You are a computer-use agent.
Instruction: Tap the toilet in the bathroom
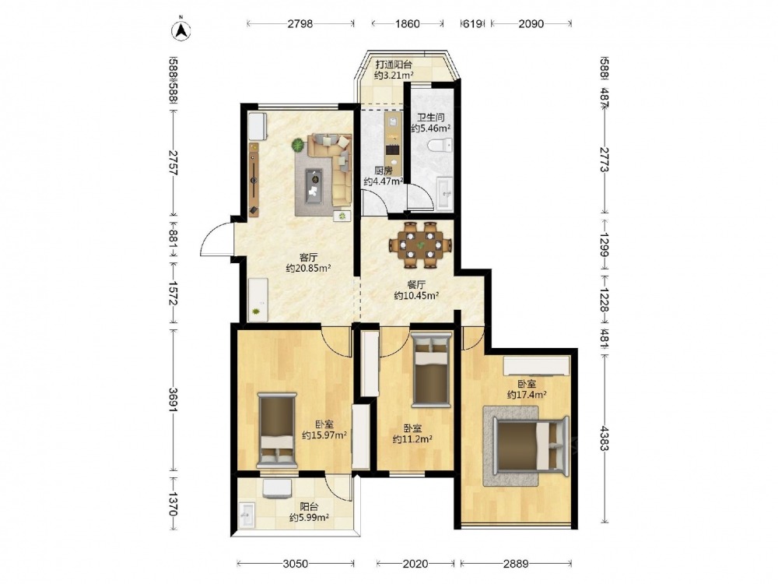coord(441,146)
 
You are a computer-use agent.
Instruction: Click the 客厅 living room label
coord(308,257)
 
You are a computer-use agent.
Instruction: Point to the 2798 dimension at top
coord(300,23)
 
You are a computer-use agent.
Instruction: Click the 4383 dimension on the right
coord(604,437)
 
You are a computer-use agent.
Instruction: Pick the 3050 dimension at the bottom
coord(295,564)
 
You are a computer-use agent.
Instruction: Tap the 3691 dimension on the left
coord(173,399)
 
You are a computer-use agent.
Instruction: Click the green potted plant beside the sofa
coord(298,145)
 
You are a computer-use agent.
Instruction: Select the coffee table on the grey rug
coord(314,186)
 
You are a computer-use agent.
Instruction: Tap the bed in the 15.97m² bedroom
coord(276,430)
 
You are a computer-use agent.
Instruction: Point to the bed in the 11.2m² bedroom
coord(431,369)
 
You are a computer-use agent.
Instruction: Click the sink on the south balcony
coord(247,515)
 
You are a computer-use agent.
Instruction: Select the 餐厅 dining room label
coord(416,284)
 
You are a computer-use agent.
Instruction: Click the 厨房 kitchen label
coord(384,171)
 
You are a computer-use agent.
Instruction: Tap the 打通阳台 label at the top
coord(394,65)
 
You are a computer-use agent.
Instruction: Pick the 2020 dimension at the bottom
coord(415,564)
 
